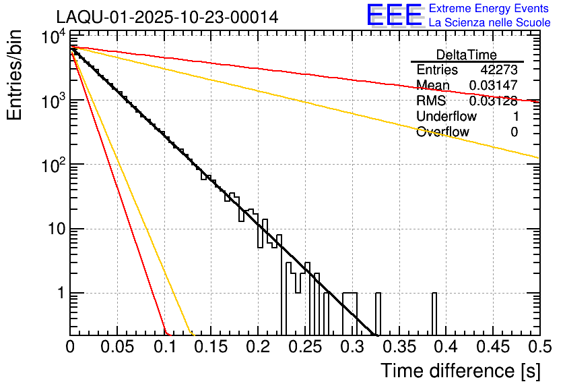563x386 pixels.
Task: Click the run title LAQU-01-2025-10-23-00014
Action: click(x=166, y=17)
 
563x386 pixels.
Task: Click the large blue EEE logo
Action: click(x=394, y=16)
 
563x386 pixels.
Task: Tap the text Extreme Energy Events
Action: click(x=490, y=9)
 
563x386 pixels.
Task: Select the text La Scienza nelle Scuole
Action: click(x=490, y=23)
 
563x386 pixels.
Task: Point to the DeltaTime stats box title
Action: click(x=467, y=55)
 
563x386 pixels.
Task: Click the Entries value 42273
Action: click(x=499, y=70)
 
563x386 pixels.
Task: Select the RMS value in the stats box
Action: click(x=493, y=101)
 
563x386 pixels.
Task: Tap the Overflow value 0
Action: click(x=514, y=132)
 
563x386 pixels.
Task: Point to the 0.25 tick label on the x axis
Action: click(x=304, y=347)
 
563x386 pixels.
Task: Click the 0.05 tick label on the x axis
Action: click(x=117, y=347)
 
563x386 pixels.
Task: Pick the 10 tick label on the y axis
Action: click(x=53, y=229)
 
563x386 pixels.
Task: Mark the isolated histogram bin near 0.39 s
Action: click(x=434, y=313)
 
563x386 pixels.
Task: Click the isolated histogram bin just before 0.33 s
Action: click(x=378, y=313)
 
